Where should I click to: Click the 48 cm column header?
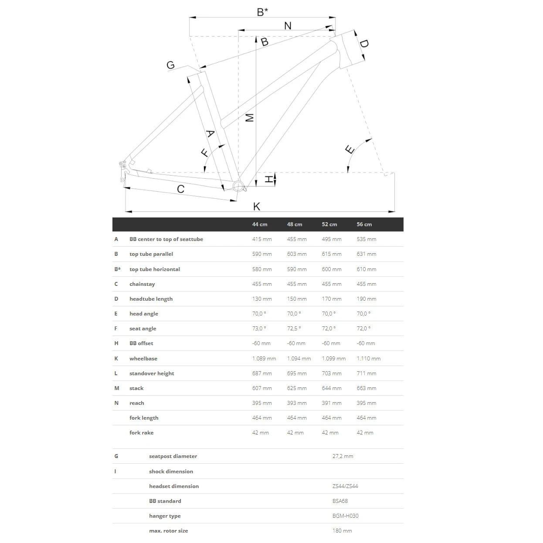[x=295, y=224]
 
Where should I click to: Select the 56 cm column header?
[x=364, y=224]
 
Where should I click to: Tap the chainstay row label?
[x=142, y=284]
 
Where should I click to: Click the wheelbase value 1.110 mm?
[x=369, y=359]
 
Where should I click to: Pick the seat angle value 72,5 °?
[x=294, y=329]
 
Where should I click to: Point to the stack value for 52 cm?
[x=332, y=388]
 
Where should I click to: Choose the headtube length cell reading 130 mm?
[x=262, y=299]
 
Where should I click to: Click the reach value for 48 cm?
[x=297, y=403]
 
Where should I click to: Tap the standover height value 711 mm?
[x=367, y=373]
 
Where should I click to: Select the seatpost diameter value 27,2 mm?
[x=343, y=456]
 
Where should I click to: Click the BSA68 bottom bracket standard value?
[x=340, y=501]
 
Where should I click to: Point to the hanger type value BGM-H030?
[x=345, y=516]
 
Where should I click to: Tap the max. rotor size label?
[x=169, y=531]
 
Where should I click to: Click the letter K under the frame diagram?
[x=257, y=206]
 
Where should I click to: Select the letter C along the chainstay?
[x=181, y=189]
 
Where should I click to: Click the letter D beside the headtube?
[x=364, y=44]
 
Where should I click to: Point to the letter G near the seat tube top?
[x=170, y=65]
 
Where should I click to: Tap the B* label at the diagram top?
[x=262, y=12]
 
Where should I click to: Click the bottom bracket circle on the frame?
[x=238, y=186]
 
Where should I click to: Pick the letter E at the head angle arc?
[x=350, y=150]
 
